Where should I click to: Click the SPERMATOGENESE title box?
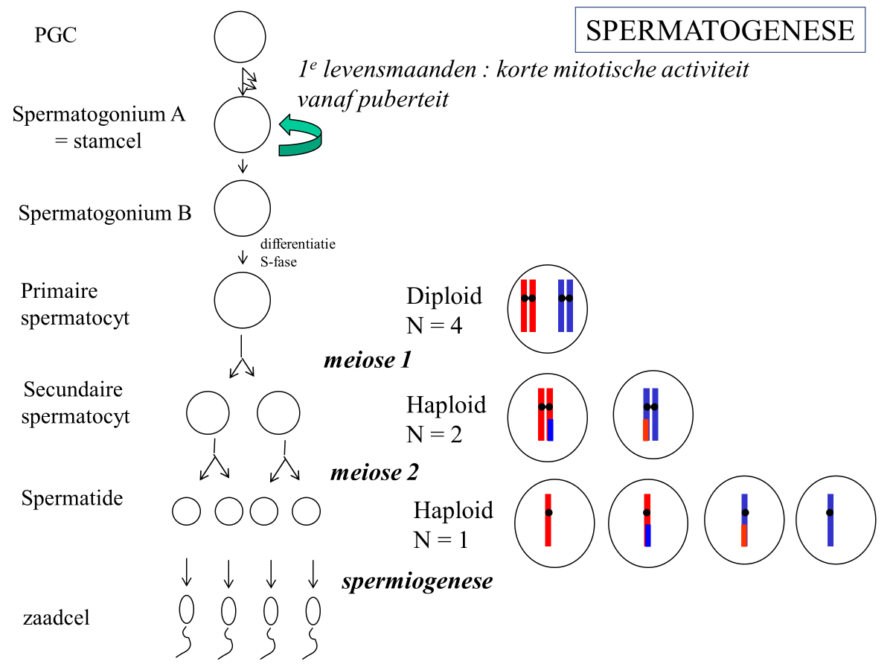pos(720,30)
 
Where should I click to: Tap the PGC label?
pos(55,35)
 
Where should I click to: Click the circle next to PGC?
pos(240,38)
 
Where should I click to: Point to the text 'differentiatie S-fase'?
pos(297,252)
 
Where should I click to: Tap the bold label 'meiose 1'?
pos(368,360)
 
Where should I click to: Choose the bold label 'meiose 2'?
pos(374,472)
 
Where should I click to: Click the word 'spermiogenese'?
pos(417,581)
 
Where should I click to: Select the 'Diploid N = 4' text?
pos(444,310)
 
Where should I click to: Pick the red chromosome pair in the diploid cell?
pos(528,305)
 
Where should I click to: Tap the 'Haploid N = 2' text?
pos(446,418)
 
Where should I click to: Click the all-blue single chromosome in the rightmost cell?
pos(829,520)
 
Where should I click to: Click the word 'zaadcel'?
pos(57,617)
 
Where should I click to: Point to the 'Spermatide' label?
pos(72,498)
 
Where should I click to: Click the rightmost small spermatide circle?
pos(306,511)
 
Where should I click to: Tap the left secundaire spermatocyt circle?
pos(208,412)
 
